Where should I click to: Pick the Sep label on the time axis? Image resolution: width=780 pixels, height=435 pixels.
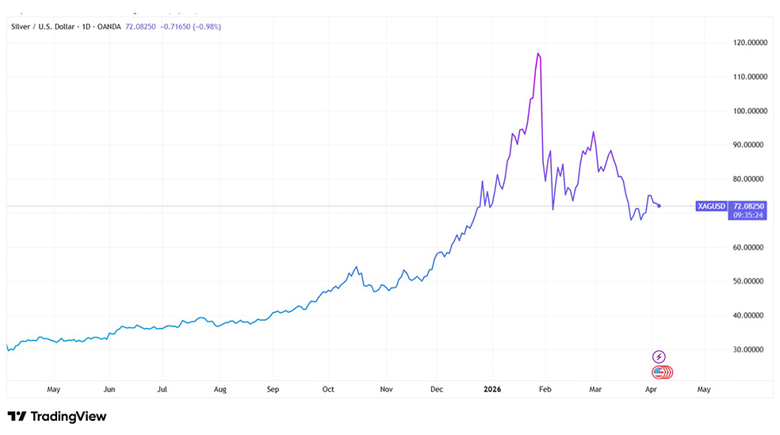[273, 390]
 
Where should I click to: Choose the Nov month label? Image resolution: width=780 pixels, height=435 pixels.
[387, 390]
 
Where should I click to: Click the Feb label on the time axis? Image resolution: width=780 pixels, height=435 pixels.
[545, 390]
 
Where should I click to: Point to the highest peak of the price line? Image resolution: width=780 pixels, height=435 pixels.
[538, 53]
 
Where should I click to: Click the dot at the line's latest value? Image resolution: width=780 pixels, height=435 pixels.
[660, 206]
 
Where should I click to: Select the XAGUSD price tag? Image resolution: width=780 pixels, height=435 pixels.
[710, 206]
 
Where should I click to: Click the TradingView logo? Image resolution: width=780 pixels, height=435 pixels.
[57, 416]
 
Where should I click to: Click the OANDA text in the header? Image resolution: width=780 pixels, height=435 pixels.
[108, 26]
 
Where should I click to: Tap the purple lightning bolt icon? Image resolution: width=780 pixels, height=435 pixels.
[659, 357]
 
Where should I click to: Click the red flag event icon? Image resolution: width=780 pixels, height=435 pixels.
[659, 371]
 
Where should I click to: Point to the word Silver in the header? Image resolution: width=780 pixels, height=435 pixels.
[20, 26]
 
